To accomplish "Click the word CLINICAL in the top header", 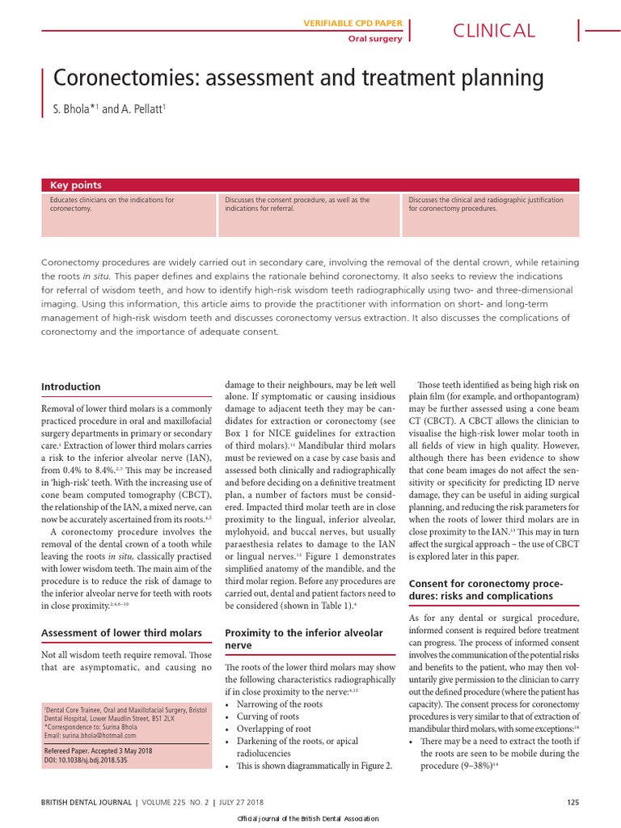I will coord(493,31).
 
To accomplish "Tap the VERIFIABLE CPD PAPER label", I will coord(353,23).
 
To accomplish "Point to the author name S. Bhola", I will coord(73,108).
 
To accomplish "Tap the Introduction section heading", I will coord(71,387).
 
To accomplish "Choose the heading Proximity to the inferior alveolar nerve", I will coord(303,639).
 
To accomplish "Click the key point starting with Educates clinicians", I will coord(112,204).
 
